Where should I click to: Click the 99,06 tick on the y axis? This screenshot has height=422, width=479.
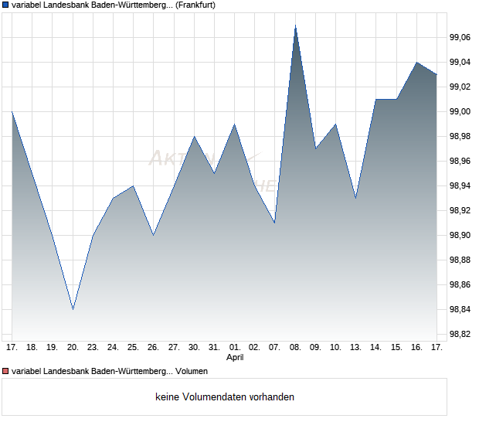coord(461,37)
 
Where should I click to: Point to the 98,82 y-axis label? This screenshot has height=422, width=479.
coord(461,334)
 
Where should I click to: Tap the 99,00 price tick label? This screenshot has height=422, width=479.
coord(461,111)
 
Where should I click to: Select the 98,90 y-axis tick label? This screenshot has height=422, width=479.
coord(461,235)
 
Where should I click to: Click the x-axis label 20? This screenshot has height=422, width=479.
coord(73,348)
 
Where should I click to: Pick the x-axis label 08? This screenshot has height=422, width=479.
coord(295,348)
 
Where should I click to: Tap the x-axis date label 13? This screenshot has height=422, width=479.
coord(355,348)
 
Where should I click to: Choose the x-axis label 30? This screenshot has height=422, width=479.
coord(194,348)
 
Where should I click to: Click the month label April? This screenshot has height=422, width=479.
coord(235,358)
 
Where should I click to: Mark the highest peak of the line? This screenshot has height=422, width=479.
coord(295,26)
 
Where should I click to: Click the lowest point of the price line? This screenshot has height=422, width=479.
coord(73,309)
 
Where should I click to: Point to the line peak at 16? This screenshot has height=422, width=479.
coord(416,62)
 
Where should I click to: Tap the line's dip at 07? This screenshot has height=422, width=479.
coord(275,223)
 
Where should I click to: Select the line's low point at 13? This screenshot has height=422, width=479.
coord(355,198)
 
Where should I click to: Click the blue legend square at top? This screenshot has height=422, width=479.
coord(5,5)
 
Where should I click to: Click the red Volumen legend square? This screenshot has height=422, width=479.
coord(5,371)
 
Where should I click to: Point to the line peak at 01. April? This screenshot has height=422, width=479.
coord(235,124)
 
